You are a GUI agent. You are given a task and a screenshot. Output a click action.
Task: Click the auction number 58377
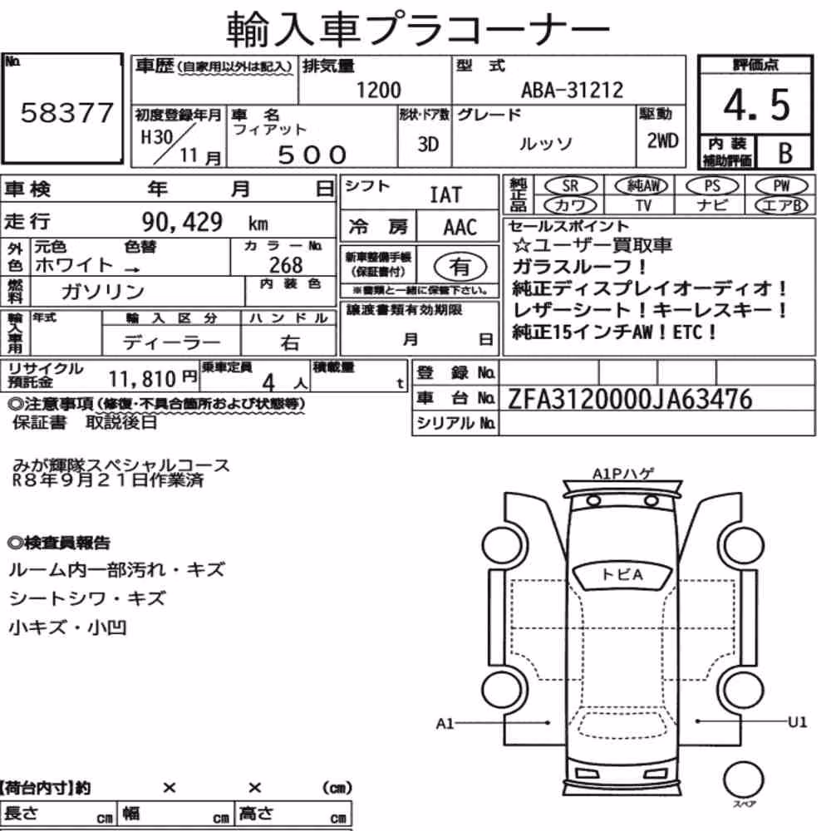(x=66, y=113)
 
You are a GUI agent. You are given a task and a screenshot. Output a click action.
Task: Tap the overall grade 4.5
(x=756, y=105)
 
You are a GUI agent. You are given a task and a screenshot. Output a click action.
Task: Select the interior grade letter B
(x=785, y=153)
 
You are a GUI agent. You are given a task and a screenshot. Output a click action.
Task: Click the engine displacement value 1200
(x=378, y=90)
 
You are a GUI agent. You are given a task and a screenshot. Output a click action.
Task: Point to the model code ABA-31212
(x=573, y=90)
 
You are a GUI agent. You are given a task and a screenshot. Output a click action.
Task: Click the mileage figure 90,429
(x=182, y=222)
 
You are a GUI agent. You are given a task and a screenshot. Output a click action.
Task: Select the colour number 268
(x=286, y=265)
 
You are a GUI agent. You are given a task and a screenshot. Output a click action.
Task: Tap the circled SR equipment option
(x=571, y=186)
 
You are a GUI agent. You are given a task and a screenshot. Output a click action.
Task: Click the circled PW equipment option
(x=781, y=186)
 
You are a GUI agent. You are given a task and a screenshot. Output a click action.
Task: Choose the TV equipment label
(x=643, y=205)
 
